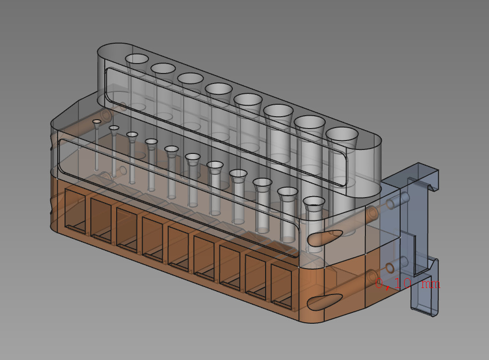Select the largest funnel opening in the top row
pyautogui.click(x=342, y=134)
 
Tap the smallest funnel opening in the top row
pyautogui.click(x=137, y=59)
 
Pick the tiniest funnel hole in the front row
pyautogui.click(x=97, y=121)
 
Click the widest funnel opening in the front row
pyautogui.click(x=314, y=201)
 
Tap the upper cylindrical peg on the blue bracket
pyautogui.click(x=397, y=201)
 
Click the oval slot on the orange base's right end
pyautogui.click(x=325, y=300)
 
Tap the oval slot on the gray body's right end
pyautogui.click(x=325, y=237)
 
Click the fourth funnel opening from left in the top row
pyautogui.click(x=219, y=89)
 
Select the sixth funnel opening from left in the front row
pyautogui.click(x=193, y=157)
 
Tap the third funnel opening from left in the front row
pyautogui.click(x=132, y=134)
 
